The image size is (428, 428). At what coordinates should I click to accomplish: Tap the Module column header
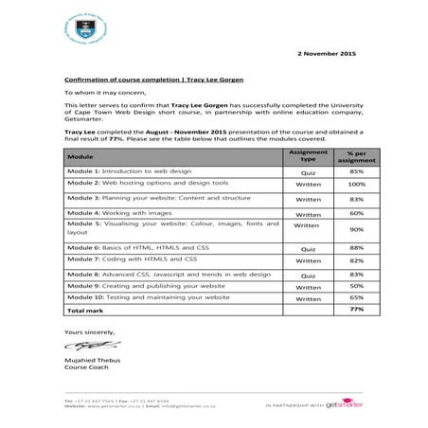pyautogui.click(x=80, y=155)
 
